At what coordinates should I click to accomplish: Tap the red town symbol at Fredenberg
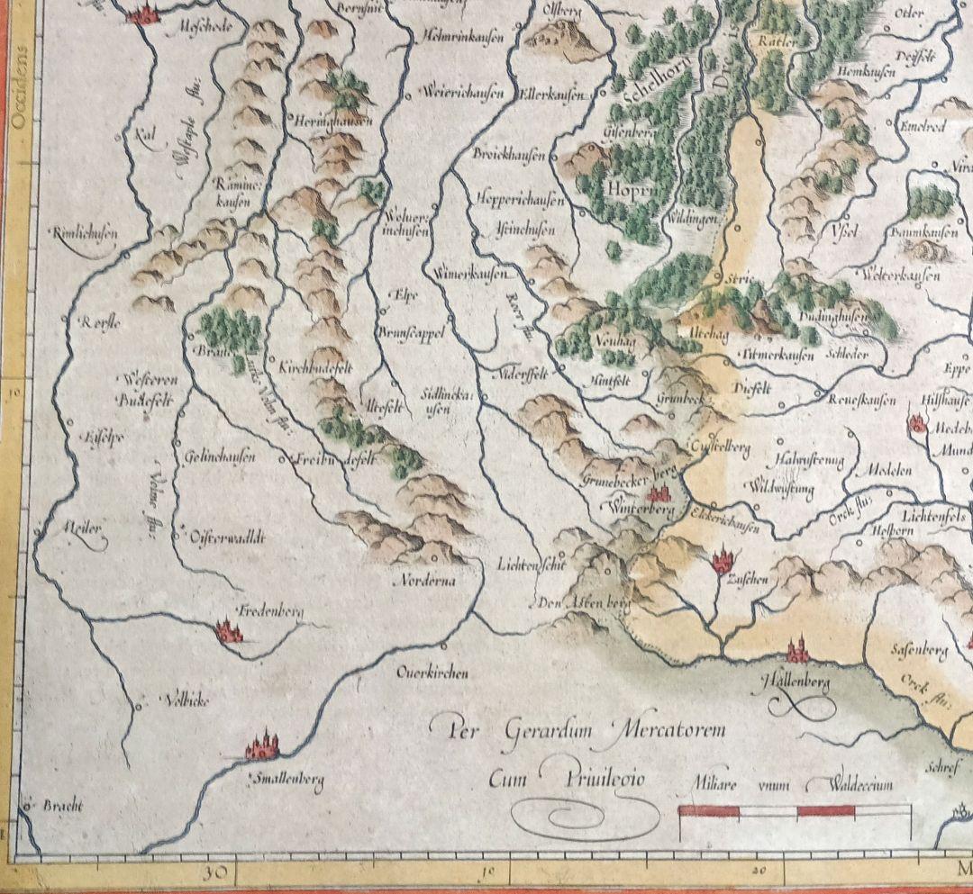pos(230,631)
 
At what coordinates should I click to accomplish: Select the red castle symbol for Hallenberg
pos(797,650)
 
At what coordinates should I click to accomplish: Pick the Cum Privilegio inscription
pos(568,779)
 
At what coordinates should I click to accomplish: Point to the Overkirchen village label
pos(432,673)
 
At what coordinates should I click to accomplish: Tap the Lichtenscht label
pos(530,565)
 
